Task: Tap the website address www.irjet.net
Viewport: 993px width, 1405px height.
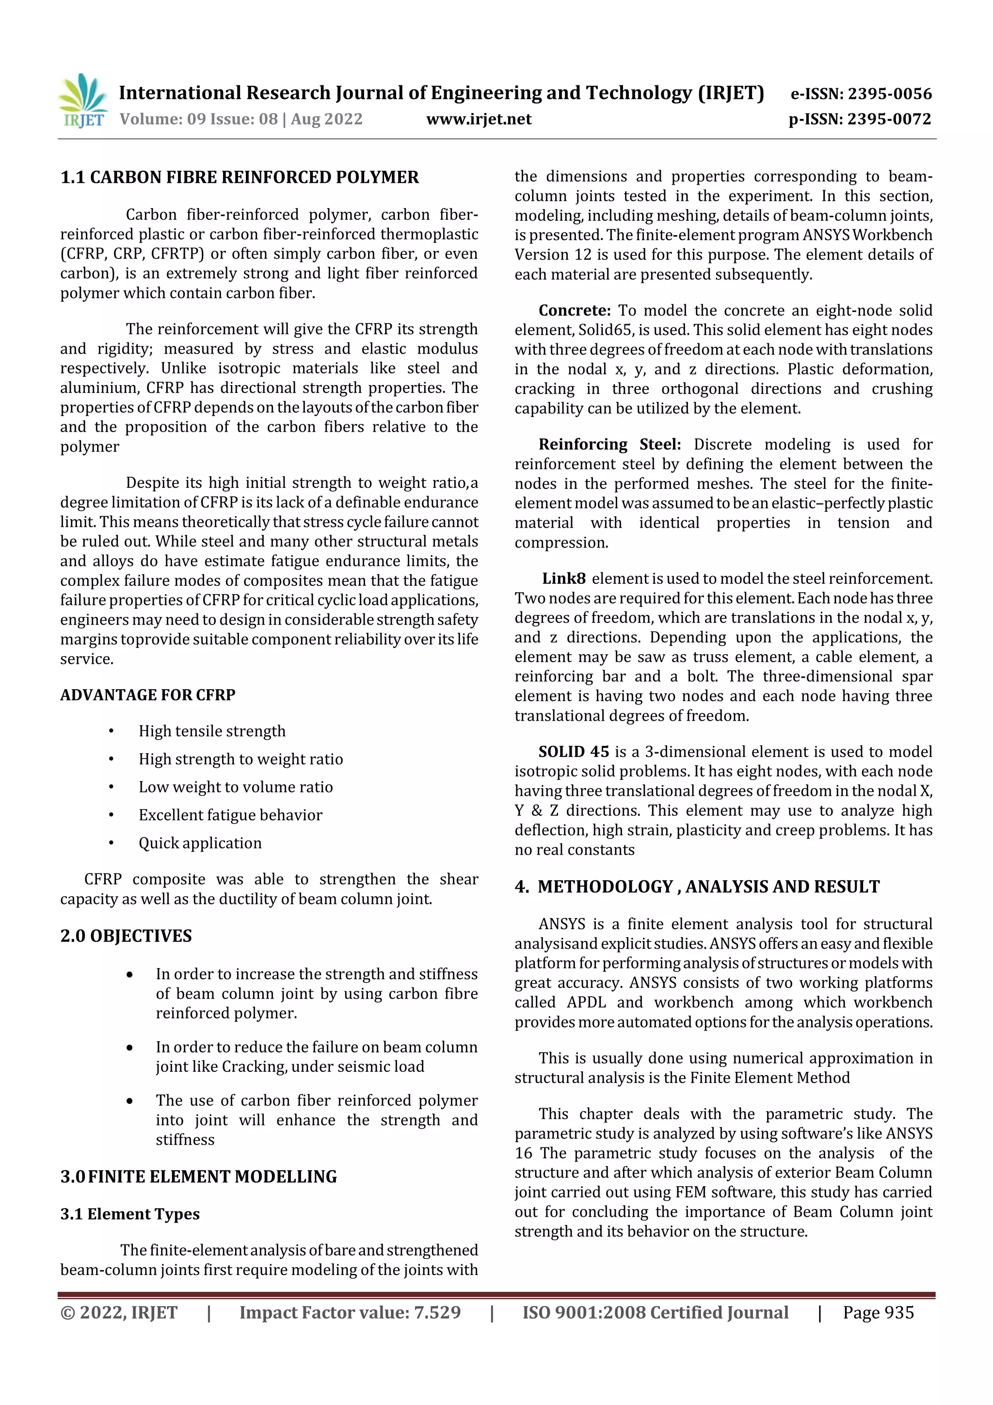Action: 479,119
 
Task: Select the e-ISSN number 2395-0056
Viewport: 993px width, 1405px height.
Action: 861,94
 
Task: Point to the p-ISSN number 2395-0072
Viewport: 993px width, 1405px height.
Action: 860,119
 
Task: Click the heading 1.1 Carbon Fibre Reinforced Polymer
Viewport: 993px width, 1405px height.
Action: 239,178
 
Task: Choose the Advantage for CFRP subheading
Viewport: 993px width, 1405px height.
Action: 147,694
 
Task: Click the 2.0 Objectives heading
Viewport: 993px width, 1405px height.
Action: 126,936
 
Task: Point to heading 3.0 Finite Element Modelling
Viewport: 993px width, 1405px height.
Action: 198,1176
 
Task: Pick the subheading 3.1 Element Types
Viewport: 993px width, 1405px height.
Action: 130,1213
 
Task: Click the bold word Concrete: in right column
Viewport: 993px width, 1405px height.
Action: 574,310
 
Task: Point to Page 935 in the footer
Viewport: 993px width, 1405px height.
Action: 878,1312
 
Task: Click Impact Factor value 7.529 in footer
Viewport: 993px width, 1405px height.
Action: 350,1312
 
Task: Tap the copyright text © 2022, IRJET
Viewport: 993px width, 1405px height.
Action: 119,1312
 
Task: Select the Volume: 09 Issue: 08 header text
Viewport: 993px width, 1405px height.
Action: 241,119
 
